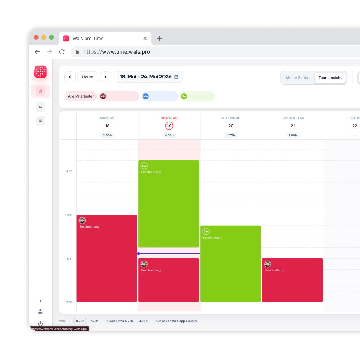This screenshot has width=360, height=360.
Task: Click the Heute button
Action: [x=88, y=77]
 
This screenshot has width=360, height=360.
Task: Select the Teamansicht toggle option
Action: [x=330, y=78]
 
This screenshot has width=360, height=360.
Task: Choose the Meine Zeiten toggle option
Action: [x=297, y=78]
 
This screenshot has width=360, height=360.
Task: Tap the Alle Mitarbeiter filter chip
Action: [x=81, y=96]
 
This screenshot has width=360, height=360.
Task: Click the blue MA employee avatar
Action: [x=145, y=96]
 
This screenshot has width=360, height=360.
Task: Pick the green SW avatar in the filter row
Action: [x=184, y=96]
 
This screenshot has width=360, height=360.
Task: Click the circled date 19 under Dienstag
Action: [x=169, y=126]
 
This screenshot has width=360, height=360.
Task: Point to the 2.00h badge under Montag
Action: [x=107, y=135]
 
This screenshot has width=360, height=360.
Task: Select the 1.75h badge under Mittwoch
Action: [x=231, y=135]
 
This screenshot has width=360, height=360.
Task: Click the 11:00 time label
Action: [x=69, y=171]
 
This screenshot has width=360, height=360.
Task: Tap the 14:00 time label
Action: [x=69, y=302]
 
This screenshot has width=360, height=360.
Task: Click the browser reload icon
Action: [x=62, y=52]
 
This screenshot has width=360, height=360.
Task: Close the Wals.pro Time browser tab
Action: [x=145, y=39]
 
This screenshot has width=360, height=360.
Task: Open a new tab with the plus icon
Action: [x=159, y=39]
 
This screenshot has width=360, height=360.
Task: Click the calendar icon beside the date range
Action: [x=176, y=77]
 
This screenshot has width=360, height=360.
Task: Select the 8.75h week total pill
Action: [x=80, y=321]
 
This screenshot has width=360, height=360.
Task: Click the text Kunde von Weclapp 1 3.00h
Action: [x=176, y=321]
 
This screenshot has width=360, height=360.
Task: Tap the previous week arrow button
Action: [x=70, y=77]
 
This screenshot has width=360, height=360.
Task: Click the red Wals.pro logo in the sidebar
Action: [x=40, y=72]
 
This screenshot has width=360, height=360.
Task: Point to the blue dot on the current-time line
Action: [x=138, y=253]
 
